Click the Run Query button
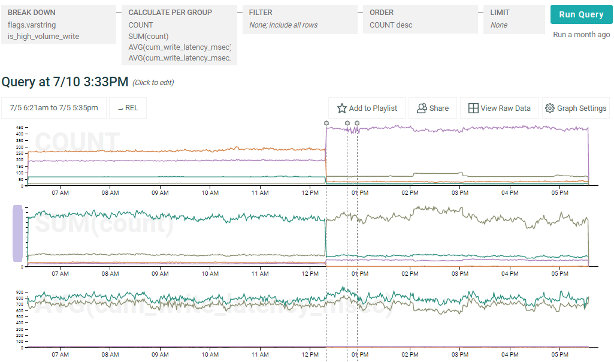pyautogui.click(x=581, y=15)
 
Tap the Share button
pyautogui.click(x=432, y=108)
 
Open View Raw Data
pyautogui.click(x=500, y=108)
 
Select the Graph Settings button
pyautogui.click(x=576, y=108)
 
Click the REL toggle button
pyautogui.click(x=128, y=108)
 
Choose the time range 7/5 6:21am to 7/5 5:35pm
pyautogui.click(x=54, y=108)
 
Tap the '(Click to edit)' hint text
pyautogui.click(x=153, y=83)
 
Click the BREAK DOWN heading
pyautogui.click(x=32, y=12)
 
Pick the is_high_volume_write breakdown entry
pyautogui.click(x=43, y=37)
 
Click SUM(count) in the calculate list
pyautogui.click(x=149, y=37)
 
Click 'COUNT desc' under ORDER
pyautogui.click(x=391, y=25)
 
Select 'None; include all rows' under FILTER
pyautogui.click(x=283, y=25)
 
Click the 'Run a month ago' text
pyautogui.click(x=581, y=35)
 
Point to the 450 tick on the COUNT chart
pyautogui.click(x=19, y=128)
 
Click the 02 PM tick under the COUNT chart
pyautogui.click(x=410, y=193)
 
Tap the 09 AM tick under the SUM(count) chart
pyautogui.click(x=160, y=273)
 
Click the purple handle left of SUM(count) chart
pyautogui.click(x=17, y=233)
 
